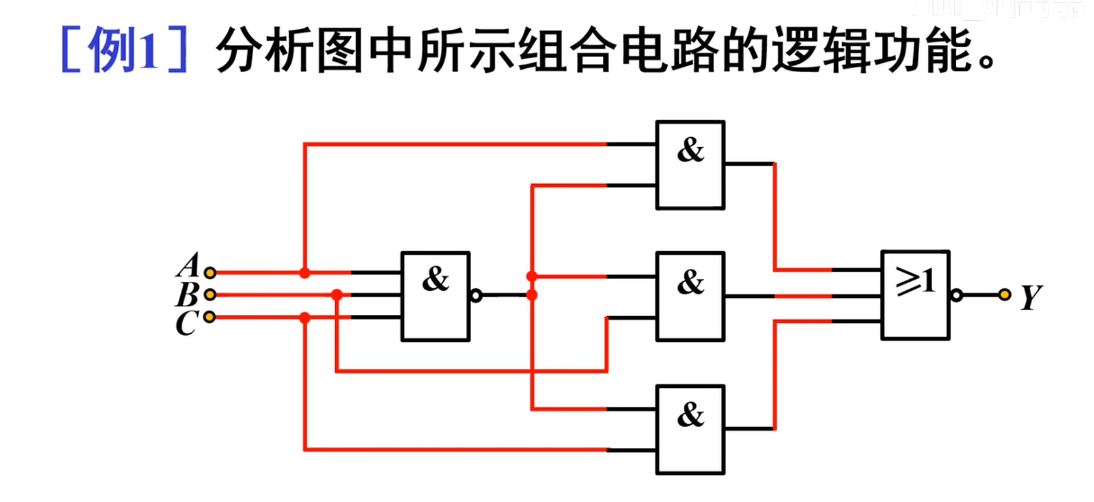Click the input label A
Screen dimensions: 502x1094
pos(189,265)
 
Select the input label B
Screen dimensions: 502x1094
pos(187,295)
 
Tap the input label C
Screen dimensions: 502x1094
pos(186,323)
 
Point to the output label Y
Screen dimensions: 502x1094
pos(1031,297)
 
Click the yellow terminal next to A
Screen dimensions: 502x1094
pos(210,273)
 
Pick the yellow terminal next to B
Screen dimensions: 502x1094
pos(210,294)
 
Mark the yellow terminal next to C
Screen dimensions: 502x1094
pos(209,317)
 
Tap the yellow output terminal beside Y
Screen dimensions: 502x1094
pos(1005,295)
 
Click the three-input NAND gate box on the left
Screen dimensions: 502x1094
pos(435,296)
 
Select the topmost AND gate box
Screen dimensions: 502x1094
pos(690,165)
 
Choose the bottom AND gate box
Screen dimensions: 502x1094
pos(690,429)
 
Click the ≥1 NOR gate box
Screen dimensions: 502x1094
pos(915,295)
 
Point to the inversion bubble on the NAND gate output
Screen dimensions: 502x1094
pos(477,296)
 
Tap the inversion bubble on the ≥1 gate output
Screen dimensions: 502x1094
pos(957,296)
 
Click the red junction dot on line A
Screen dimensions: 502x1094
pos(305,273)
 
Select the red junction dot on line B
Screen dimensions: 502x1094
pos(337,295)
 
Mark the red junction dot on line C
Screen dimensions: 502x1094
pos(305,317)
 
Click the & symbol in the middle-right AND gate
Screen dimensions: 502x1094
pos(691,282)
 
